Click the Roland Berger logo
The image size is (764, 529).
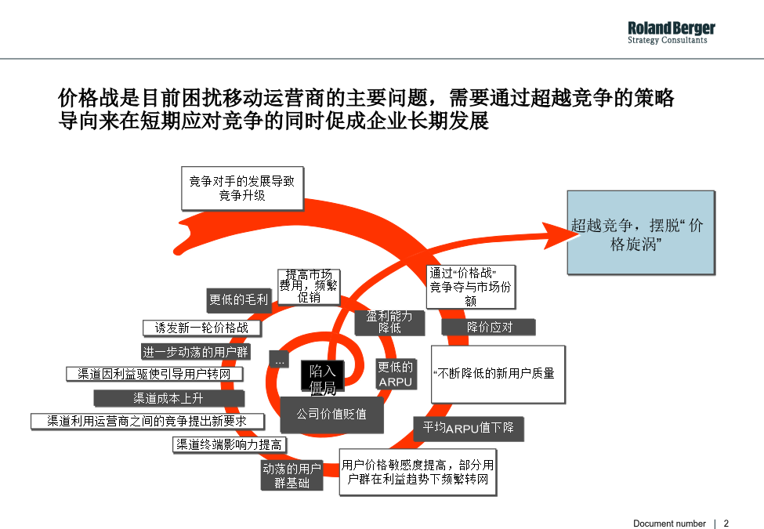click(x=671, y=33)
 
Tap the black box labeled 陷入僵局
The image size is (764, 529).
click(x=323, y=376)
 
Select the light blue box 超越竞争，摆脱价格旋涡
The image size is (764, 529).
click(x=641, y=232)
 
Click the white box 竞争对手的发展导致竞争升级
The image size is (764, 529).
click(x=242, y=189)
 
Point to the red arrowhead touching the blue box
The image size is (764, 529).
click(x=560, y=236)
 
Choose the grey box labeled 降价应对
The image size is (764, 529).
click(x=489, y=327)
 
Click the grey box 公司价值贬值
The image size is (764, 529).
click(x=331, y=415)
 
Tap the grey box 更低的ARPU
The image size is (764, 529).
click(x=396, y=374)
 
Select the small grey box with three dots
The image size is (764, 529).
click(x=279, y=360)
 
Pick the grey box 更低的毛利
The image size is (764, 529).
click(x=239, y=299)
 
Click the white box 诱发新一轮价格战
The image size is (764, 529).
click(x=201, y=328)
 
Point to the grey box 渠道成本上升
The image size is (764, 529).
click(x=169, y=398)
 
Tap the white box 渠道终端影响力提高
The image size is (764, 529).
click(x=230, y=444)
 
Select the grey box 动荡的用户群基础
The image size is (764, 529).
click(x=291, y=476)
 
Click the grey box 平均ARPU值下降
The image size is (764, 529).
click(x=469, y=428)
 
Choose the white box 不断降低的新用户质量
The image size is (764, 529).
click(x=498, y=374)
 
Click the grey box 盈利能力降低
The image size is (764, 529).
click(x=389, y=322)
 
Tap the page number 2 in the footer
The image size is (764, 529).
click(x=726, y=524)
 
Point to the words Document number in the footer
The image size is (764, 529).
click(x=669, y=524)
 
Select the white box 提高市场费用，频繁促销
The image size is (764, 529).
click(x=309, y=286)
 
